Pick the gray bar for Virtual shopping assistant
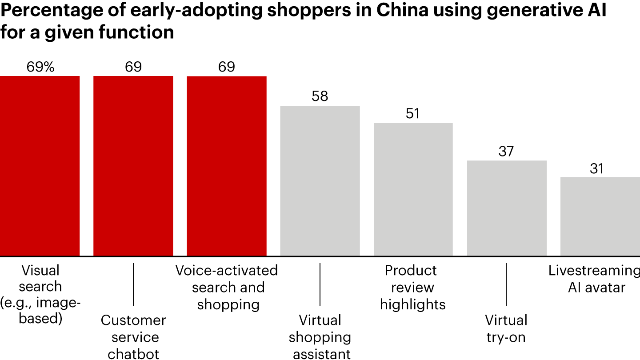click(320, 181)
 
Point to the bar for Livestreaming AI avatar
click(600, 216)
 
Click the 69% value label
click(40, 67)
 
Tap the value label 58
click(320, 96)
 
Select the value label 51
click(413, 114)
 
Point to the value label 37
click(506, 152)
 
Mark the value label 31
click(597, 168)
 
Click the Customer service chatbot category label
click(133, 337)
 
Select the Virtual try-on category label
click(506, 328)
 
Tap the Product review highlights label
click(413, 288)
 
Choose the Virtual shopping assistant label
click(320, 337)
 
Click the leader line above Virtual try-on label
click(506, 284)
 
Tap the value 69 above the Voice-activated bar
click(226, 67)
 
